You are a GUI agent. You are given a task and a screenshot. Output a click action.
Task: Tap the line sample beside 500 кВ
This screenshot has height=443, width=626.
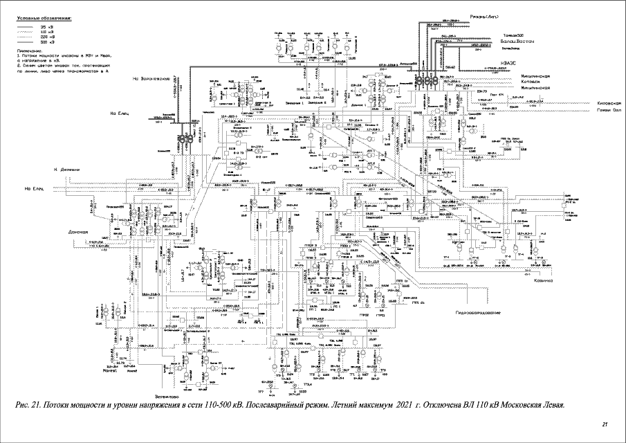coord(27,42)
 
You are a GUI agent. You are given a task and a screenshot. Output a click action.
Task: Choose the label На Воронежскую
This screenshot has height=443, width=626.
coord(151,79)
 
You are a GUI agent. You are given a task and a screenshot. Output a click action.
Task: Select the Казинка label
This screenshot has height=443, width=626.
coord(543,281)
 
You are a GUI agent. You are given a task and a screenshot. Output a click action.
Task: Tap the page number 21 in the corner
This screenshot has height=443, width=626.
coord(605,424)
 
